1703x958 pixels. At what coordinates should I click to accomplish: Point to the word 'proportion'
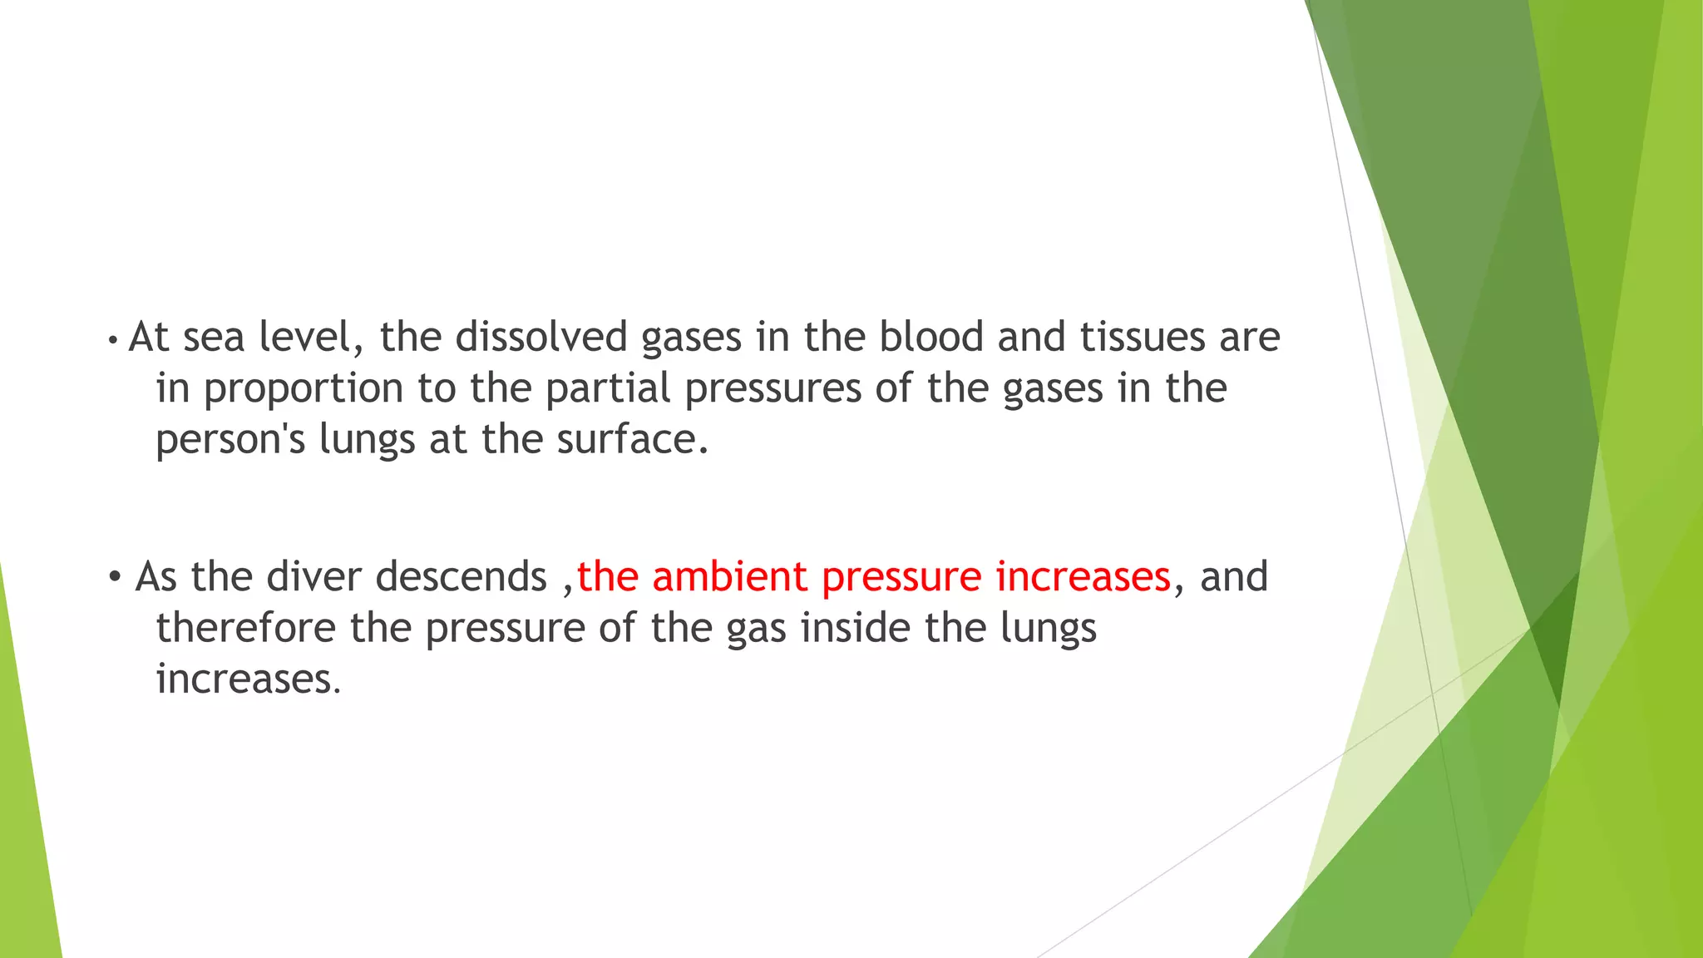[x=304, y=389]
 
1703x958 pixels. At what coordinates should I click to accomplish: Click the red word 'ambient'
[x=729, y=576]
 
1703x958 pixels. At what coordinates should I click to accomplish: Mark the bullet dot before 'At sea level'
[x=111, y=340]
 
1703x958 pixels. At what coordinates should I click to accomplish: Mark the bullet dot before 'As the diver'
[x=115, y=577]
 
